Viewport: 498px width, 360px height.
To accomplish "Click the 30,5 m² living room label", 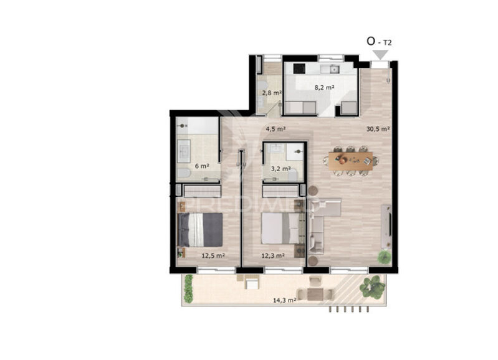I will tap(378, 130).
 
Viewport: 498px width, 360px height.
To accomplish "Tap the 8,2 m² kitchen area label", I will tap(324, 88).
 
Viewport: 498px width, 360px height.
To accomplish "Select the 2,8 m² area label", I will tap(271, 93).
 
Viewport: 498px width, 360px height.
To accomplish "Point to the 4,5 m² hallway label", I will tap(275, 130).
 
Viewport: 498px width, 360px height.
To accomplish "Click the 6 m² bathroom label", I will tap(201, 166).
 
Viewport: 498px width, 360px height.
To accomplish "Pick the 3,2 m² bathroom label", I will tap(280, 168).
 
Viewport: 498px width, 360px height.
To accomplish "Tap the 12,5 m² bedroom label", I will tap(213, 255).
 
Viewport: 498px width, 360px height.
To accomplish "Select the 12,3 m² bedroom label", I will tap(273, 255).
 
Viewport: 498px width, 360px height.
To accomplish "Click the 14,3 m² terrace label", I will tap(284, 300).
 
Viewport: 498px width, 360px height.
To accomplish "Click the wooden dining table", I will tap(351, 159).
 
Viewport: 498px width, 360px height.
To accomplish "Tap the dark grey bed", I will tap(201, 229).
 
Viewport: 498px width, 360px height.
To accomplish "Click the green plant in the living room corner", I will tap(384, 257).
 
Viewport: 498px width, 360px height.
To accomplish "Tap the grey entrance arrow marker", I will tap(380, 55).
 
